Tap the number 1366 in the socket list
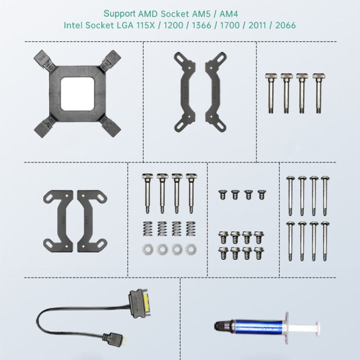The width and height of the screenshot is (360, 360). tap(201, 25)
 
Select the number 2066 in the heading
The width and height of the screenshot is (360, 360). tap(286, 25)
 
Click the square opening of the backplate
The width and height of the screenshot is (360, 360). tap(78, 94)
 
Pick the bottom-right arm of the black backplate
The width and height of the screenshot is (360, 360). tap(111, 127)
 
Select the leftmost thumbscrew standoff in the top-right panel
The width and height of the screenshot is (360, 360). tap(271, 93)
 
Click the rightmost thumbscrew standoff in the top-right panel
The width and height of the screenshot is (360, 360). tap(319, 93)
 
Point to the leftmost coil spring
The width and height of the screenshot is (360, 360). tap(148, 228)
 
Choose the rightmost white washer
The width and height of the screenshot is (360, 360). tap(191, 249)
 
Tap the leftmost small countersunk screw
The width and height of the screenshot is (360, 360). tap(222, 195)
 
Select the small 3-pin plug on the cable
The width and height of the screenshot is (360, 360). tap(115, 337)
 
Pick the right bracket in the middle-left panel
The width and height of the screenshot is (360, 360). tap(91, 221)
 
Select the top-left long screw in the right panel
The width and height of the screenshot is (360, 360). tap(290, 196)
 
